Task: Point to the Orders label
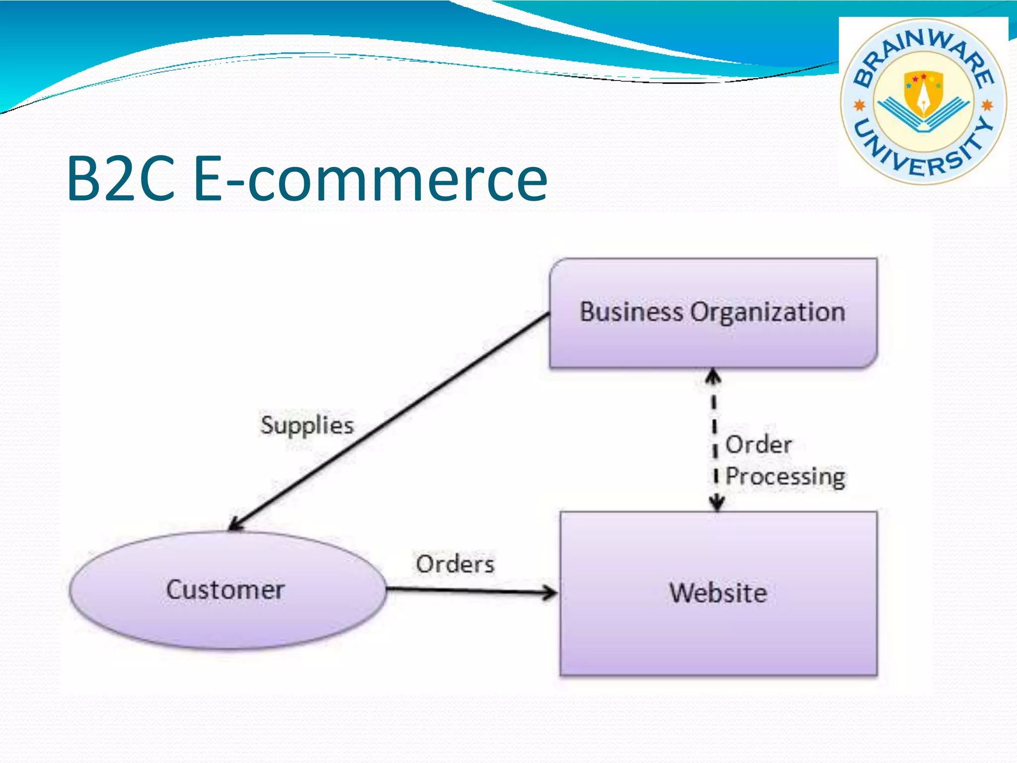point(455,564)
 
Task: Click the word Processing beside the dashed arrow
point(785,477)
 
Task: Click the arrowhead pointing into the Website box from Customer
point(550,592)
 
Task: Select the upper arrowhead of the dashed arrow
point(714,377)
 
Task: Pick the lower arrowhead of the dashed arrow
point(716,503)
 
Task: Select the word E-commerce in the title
point(370,179)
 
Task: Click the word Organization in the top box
point(768,312)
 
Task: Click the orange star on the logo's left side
point(859,105)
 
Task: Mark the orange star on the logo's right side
point(987,105)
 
